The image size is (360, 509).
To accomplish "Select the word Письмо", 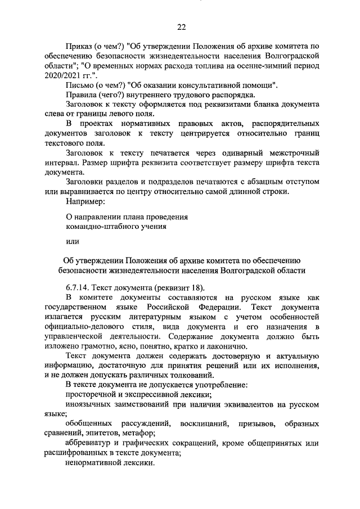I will click(79, 85).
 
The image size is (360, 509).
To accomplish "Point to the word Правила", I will click(80, 95).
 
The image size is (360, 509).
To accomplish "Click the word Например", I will click(85, 201).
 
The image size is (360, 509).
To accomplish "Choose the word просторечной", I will click(91, 395).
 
